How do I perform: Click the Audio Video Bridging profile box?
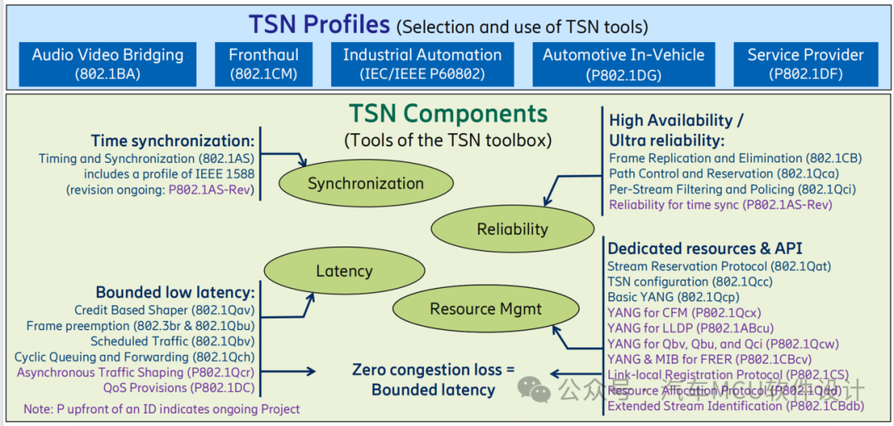click(108, 64)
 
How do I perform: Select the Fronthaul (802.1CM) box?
click(263, 64)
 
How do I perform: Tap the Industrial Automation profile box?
click(422, 64)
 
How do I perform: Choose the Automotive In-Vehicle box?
click(623, 64)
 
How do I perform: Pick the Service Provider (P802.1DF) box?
click(805, 64)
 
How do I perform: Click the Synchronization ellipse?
click(366, 184)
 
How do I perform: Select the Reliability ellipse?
click(512, 229)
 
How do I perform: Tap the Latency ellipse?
click(344, 270)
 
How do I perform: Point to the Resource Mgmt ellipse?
click(486, 309)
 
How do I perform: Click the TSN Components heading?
click(448, 113)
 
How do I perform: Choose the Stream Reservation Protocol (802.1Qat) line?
click(719, 266)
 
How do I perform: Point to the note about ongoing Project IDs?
click(161, 409)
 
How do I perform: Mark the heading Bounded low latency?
click(175, 293)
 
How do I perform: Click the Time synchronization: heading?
click(172, 141)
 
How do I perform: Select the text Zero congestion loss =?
click(433, 370)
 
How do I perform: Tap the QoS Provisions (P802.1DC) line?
click(179, 387)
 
